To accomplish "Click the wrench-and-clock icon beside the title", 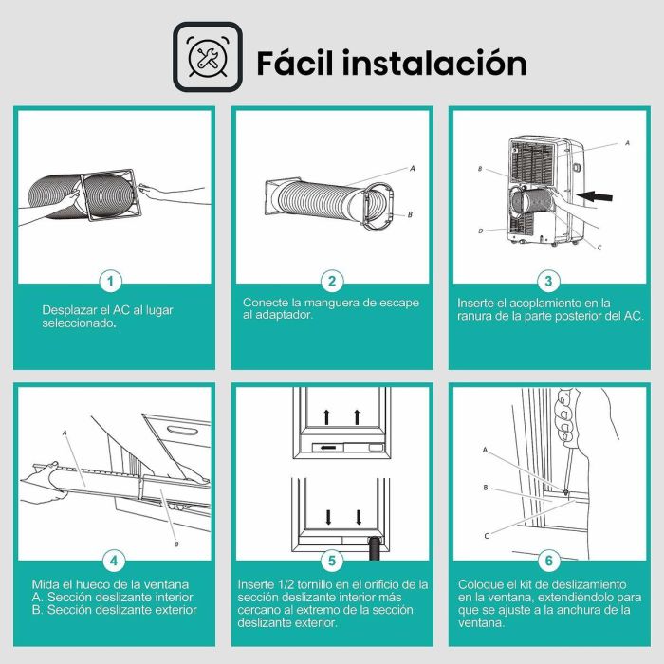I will coord(208,57).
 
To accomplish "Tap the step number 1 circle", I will coord(113,281).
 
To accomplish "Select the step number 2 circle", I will coord(331,281).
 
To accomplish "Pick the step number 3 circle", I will coord(548,281).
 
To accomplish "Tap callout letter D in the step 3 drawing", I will coord(481,231).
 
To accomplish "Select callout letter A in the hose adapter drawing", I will coord(412,168).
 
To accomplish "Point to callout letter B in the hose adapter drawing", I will coord(409,215).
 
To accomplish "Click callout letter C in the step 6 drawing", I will coord(487,536).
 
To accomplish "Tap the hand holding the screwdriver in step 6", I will coord(566,417).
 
